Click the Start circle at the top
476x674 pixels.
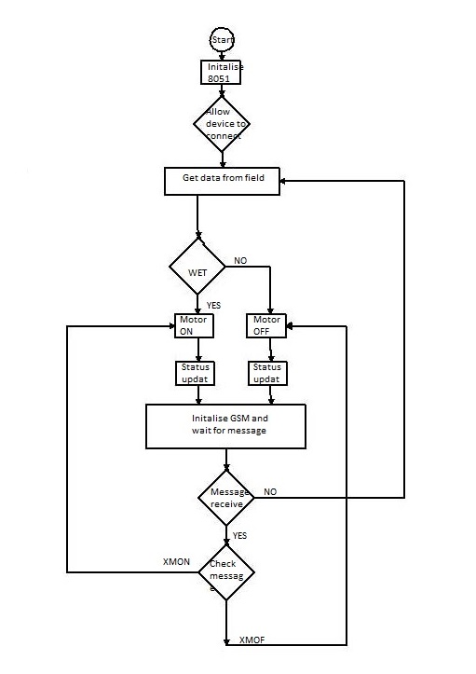click(222, 39)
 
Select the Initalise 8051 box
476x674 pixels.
click(222, 74)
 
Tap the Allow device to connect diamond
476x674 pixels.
click(223, 123)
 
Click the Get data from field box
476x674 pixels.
click(222, 181)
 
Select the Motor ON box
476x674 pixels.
click(195, 325)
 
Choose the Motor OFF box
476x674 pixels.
click(268, 325)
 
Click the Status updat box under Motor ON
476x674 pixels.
click(195, 373)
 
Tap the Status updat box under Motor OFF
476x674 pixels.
click(268, 373)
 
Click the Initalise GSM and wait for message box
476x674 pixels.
click(226, 426)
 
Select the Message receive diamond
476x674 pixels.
click(226, 497)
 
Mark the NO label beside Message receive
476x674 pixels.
click(270, 491)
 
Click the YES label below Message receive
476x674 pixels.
click(239, 536)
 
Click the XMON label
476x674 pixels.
click(177, 564)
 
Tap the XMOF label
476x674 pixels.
click(252, 640)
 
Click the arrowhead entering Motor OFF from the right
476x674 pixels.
click(292, 326)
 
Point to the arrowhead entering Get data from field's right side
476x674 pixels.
click(285, 181)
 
